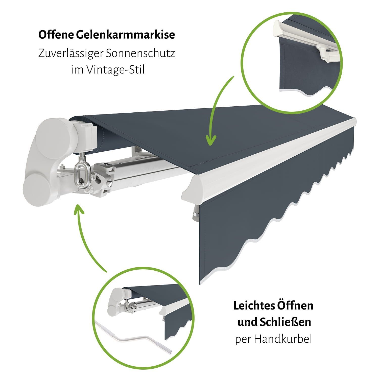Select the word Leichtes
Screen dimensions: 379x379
point(254,305)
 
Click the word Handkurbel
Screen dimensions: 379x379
point(283,339)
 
